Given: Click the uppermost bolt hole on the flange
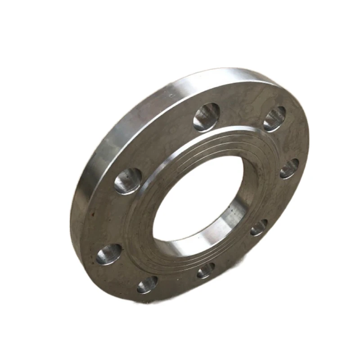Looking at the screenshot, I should pos(207,117).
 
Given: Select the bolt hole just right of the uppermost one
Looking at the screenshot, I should pos(274,119).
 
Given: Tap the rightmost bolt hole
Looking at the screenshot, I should pos(289,168).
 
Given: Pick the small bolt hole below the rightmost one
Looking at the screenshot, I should pos(259,227).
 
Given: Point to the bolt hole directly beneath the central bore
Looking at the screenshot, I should pos(206,270).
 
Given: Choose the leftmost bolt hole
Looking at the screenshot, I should pos(109,254).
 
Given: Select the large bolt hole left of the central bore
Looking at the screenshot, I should pos(128,181).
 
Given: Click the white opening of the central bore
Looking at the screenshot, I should pos(193,198).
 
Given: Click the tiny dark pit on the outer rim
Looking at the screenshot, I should pos(171,95).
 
